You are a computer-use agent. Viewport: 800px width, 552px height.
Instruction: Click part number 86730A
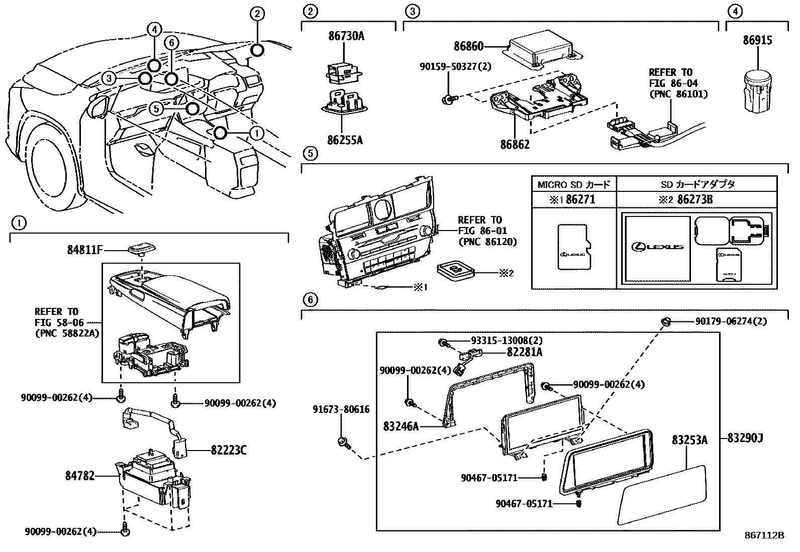346,36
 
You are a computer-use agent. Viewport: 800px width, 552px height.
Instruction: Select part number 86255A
345,140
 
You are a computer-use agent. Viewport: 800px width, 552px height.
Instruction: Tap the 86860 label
468,47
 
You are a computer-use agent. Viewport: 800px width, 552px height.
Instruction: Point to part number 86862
515,145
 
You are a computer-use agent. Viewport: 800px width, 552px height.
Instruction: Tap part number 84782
79,475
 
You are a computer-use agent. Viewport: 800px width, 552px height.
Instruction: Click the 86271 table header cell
574,199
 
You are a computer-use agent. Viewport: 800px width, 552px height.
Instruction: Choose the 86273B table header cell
696,199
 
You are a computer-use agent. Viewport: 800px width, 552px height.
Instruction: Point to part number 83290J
745,438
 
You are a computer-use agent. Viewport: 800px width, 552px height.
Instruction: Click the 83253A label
689,440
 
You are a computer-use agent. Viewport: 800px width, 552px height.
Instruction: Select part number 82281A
524,352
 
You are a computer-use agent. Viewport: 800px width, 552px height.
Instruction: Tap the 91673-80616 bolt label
341,409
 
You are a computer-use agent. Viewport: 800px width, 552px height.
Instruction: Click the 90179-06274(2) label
731,321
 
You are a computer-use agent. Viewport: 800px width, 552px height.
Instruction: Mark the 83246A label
401,426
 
